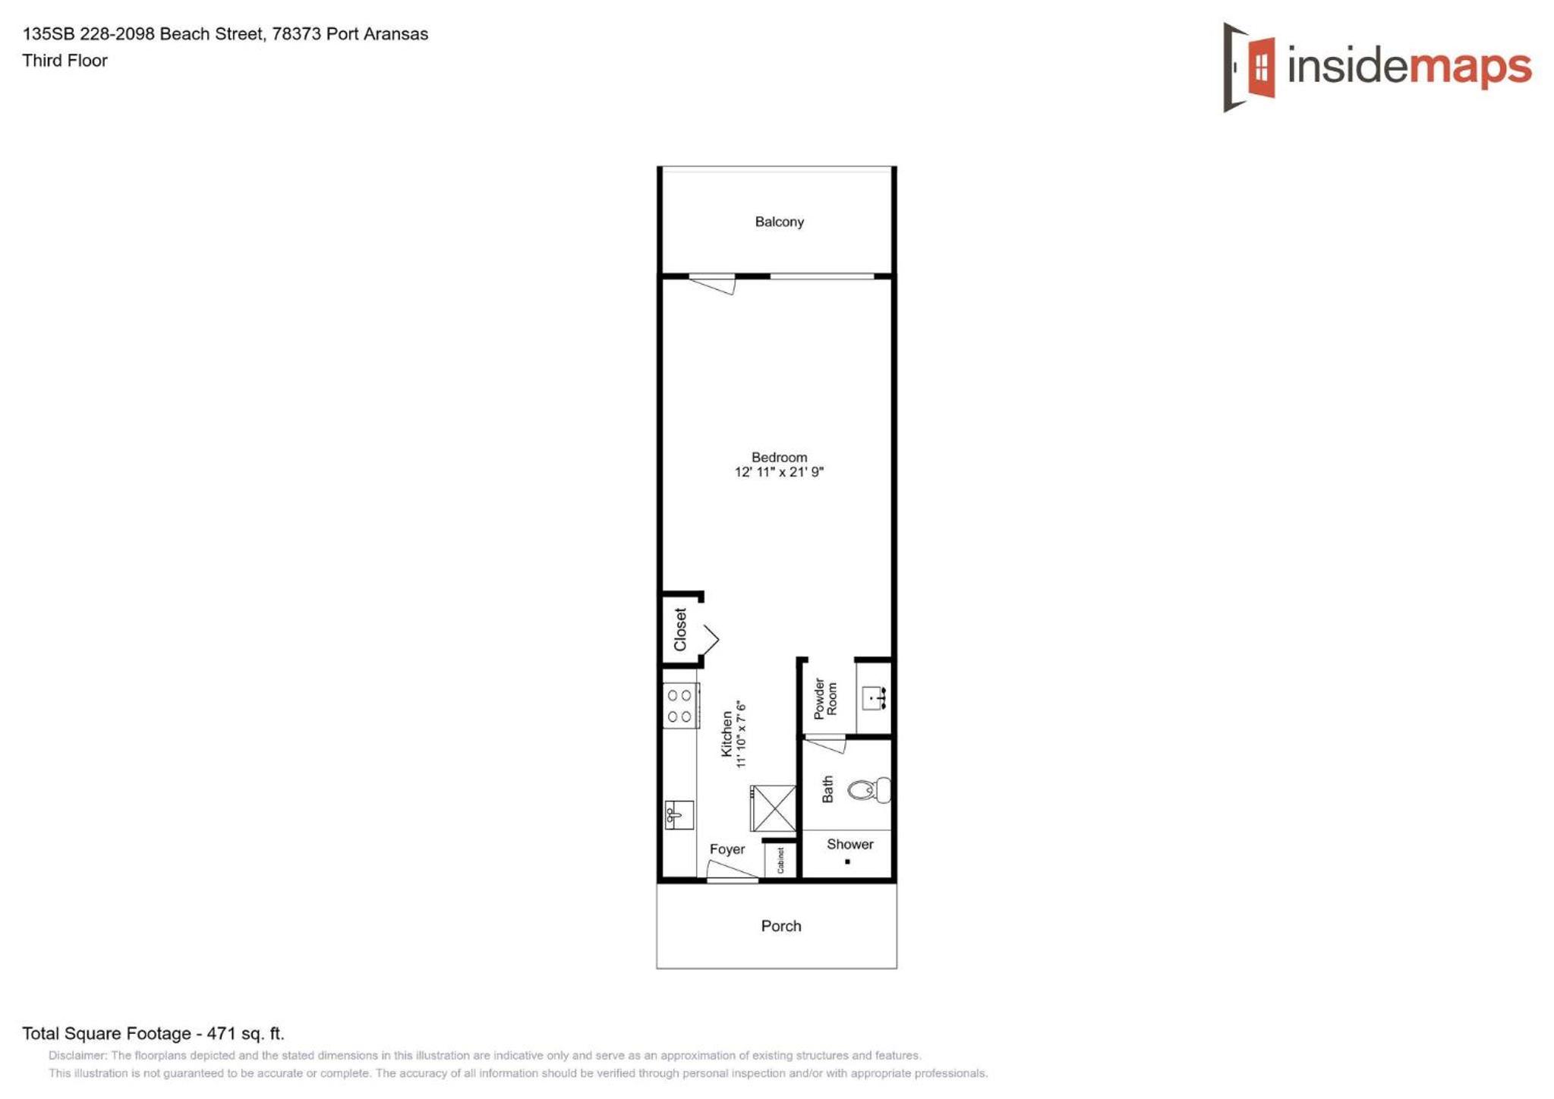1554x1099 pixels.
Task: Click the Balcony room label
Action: coord(779,222)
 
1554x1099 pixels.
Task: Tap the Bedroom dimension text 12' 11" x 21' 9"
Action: coord(779,472)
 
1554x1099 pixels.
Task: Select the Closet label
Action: coord(680,629)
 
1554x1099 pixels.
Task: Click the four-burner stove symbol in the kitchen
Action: coord(680,706)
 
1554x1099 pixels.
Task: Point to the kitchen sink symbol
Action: coord(679,814)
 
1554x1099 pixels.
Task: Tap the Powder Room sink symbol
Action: coord(874,698)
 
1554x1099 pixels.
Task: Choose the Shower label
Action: coord(849,844)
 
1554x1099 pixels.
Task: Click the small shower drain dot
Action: coord(847,861)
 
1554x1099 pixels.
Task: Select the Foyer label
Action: coord(727,849)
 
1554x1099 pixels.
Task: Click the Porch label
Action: coord(780,926)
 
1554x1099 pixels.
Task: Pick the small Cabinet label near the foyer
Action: coord(780,861)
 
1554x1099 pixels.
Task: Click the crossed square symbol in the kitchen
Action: coord(773,808)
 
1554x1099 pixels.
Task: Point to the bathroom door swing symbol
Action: coord(825,744)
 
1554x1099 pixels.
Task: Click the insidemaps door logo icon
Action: coord(1248,67)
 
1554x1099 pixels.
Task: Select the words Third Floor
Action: coord(65,61)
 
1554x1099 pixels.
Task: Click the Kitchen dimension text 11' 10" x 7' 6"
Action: coord(741,735)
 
